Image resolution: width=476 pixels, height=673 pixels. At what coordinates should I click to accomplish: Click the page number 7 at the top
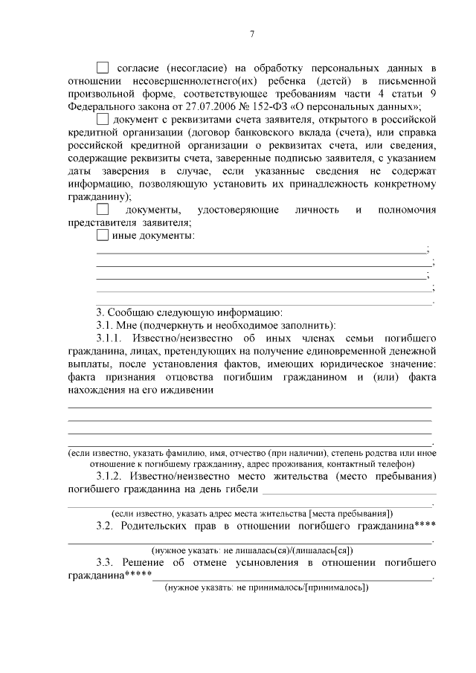click(252, 34)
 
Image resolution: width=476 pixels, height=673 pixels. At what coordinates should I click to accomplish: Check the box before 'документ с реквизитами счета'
click(103, 119)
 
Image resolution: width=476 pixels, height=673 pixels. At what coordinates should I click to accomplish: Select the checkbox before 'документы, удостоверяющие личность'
click(103, 210)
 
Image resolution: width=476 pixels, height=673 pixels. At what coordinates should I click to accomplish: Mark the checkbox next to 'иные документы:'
click(103, 236)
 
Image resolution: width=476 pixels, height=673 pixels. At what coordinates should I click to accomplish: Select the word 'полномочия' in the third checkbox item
click(407, 210)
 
